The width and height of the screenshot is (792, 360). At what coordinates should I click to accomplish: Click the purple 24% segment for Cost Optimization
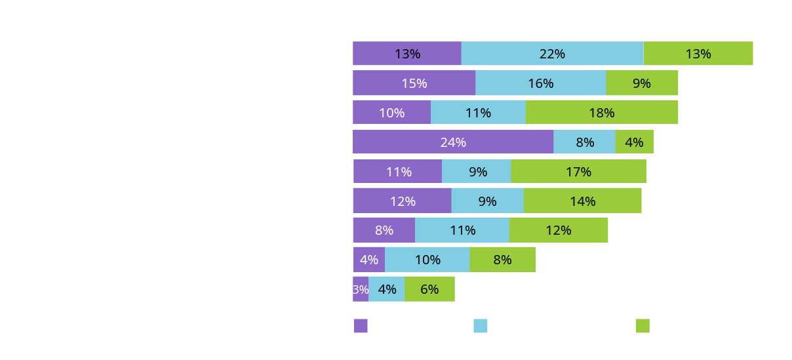[x=453, y=142]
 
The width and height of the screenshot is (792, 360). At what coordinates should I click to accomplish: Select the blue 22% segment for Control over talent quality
[x=552, y=54]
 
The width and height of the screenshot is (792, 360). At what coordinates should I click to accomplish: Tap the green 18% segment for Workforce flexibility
[x=601, y=113]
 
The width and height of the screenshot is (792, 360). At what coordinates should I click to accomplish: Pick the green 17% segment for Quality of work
[x=578, y=172]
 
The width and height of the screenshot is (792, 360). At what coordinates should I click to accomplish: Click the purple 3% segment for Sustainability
[x=361, y=289]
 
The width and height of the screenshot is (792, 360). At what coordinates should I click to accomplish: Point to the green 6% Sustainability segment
[x=429, y=289]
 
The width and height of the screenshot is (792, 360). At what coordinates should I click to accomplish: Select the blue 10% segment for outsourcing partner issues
[x=427, y=260]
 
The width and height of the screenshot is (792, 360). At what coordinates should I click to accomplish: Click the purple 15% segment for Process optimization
[x=414, y=83]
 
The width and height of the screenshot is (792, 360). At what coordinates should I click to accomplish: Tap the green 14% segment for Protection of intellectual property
[x=582, y=201]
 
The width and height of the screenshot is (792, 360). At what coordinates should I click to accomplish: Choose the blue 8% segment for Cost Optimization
[x=584, y=142]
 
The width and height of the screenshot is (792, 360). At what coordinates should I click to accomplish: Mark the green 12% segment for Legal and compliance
[x=558, y=230]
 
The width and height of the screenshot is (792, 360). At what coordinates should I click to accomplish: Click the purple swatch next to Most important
[x=361, y=326]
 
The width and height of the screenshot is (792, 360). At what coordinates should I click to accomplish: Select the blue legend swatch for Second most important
[x=481, y=326]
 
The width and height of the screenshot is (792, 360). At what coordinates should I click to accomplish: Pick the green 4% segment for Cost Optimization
[x=634, y=142]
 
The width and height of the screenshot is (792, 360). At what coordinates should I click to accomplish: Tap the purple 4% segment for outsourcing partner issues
[x=369, y=260]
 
